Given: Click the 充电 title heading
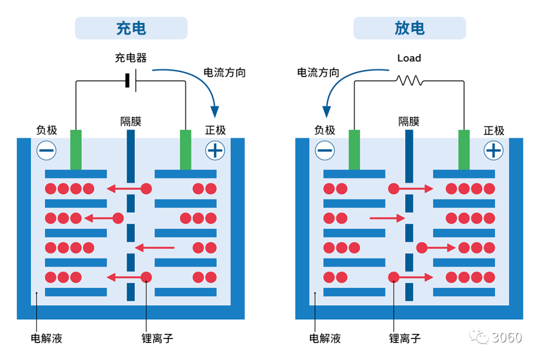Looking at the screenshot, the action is (x=131, y=28).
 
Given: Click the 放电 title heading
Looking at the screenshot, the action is (x=409, y=28).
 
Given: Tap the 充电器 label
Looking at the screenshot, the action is (x=131, y=57).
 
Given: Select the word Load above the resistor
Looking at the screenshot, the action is (x=409, y=58).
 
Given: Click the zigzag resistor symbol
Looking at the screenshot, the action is (x=409, y=80).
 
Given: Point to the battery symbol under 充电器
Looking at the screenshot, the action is (x=131, y=80).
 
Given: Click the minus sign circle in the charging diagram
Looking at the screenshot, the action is (x=46, y=150).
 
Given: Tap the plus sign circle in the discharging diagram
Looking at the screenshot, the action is (x=493, y=150).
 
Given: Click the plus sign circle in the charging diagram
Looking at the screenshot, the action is (x=215, y=150).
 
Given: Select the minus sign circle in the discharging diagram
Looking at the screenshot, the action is (x=325, y=150).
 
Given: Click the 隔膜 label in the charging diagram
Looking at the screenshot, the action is (x=131, y=121).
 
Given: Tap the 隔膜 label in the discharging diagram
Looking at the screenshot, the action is (x=409, y=121).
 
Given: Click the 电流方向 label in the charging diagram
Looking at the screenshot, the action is (x=224, y=72).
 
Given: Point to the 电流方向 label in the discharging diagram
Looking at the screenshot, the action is (x=318, y=72).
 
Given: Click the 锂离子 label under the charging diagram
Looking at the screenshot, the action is (x=157, y=338).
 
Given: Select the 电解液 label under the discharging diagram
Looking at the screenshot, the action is (x=325, y=338).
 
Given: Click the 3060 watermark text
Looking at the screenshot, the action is (x=506, y=337).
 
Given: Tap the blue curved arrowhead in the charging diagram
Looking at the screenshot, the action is (x=215, y=111).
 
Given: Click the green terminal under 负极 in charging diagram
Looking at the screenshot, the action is (x=76, y=150).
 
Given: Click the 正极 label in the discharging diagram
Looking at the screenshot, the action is (x=494, y=130).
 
